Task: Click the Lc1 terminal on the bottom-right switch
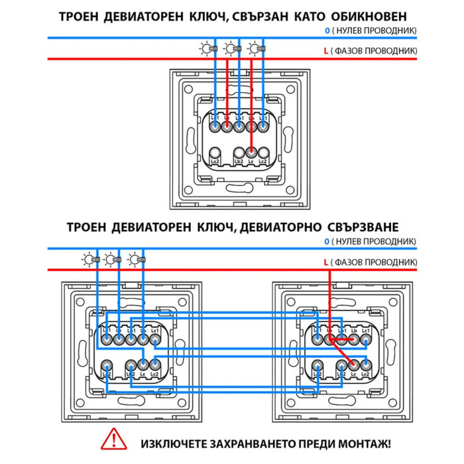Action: pyautogui.click(x=365, y=339)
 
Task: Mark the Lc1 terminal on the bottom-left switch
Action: pyautogui.click(x=155, y=339)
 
